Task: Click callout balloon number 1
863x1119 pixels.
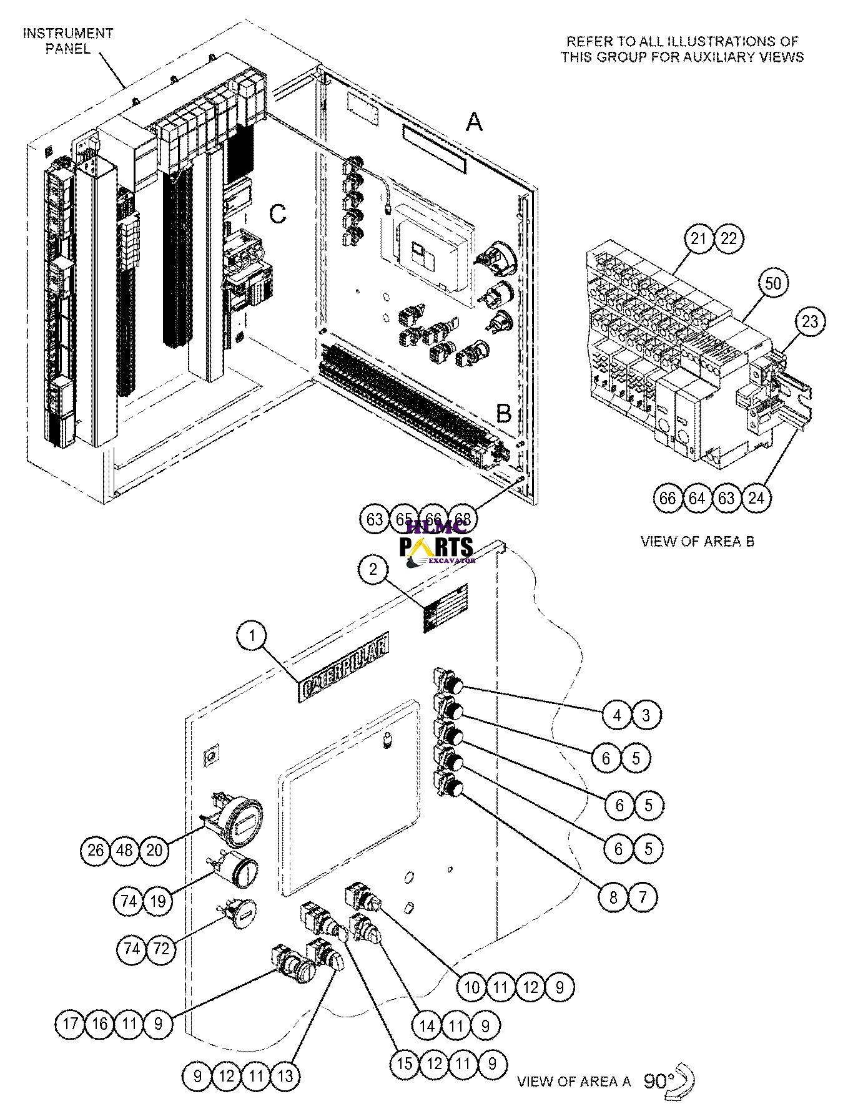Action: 252,636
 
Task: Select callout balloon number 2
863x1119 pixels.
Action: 373,569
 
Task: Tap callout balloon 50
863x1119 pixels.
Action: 773,283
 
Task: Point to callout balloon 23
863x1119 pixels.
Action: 810,321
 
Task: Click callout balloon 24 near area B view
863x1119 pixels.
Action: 756,497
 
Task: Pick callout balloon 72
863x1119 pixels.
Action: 161,949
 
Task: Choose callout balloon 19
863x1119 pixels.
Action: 157,901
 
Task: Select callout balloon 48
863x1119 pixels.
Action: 125,850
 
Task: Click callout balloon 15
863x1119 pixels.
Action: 405,1063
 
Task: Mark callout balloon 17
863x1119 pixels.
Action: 70,1024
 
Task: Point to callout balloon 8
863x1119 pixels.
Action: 613,897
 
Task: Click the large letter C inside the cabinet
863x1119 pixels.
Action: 277,214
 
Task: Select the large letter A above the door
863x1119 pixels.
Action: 475,122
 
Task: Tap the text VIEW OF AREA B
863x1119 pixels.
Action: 697,541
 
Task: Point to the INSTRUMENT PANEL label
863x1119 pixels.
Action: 68,41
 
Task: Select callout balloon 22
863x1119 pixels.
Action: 729,238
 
